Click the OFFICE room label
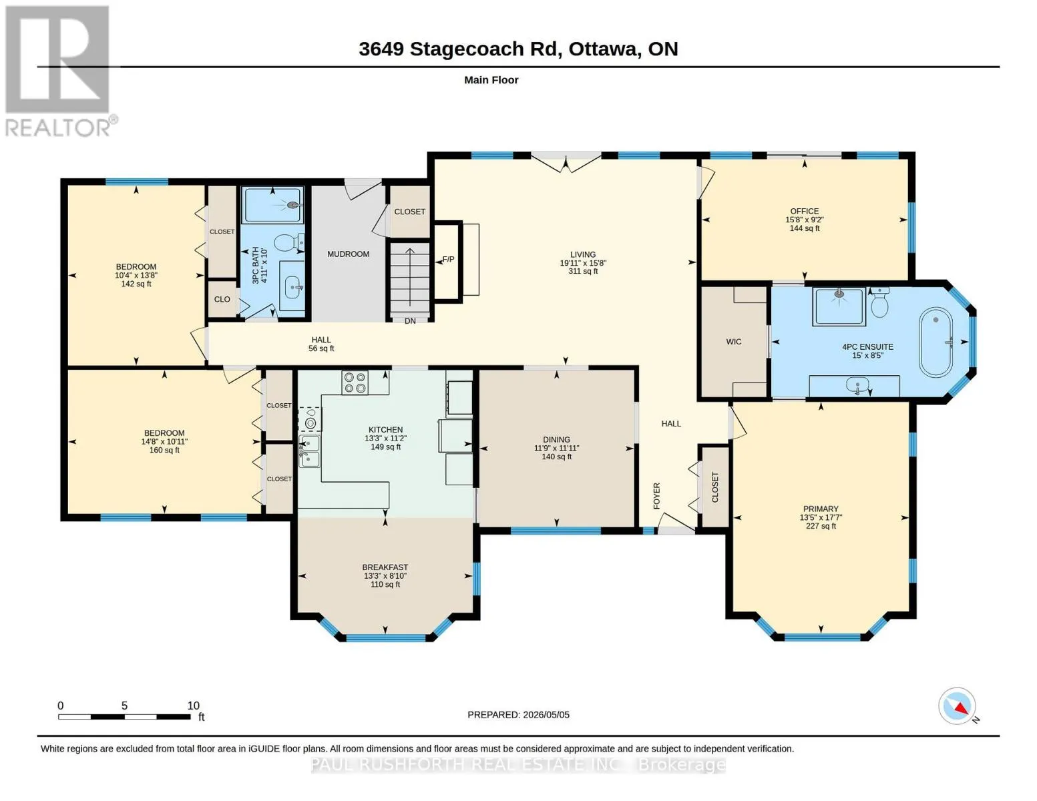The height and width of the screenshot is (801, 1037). point(804,211)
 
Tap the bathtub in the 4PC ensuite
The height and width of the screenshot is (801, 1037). point(936,342)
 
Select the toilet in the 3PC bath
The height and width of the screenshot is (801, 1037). point(288,242)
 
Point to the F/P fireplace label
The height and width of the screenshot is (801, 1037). point(448,260)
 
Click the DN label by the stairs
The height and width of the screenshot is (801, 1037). point(410,321)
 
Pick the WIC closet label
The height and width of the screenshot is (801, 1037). point(733,342)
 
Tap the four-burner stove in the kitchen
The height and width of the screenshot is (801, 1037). point(355,382)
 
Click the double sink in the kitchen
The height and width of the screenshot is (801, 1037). point(310,451)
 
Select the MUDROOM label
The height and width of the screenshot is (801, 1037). point(348,254)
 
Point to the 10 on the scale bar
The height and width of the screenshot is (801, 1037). point(193,706)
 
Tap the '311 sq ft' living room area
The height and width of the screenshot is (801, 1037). point(583,272)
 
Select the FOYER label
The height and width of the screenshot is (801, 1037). point(656,496)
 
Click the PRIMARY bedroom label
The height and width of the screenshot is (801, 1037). point(821,509)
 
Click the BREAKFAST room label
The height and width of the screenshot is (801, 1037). point(385,567)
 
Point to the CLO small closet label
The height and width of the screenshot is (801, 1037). point(222,299)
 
